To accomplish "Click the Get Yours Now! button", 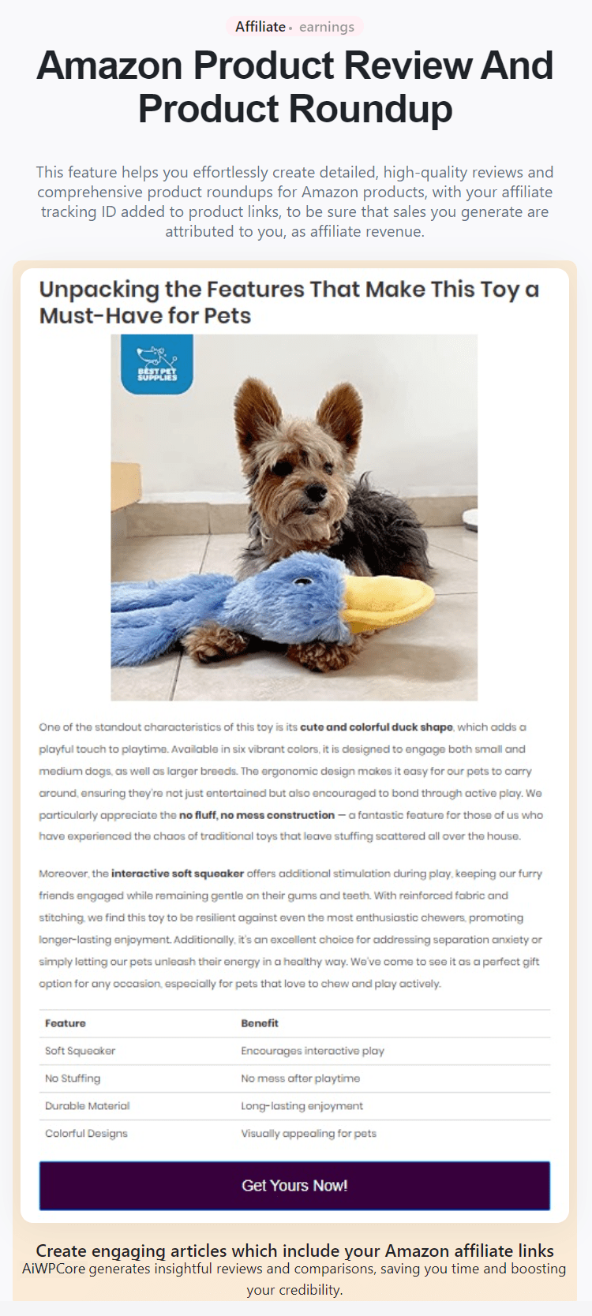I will (294, 1185).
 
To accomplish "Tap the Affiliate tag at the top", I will (260, 27).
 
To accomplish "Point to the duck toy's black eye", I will (303, 583).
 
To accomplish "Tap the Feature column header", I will (66, 1023).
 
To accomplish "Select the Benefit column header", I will (260, 1023).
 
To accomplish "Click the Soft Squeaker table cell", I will (80, 1051).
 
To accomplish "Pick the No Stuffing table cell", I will (73, 1079).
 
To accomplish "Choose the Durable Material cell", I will (87, 1106).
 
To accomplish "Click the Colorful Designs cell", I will (86, 1134).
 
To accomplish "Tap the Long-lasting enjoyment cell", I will (302, 1106).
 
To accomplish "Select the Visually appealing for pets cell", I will (309, 1134).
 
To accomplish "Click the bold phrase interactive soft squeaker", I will (178, 873).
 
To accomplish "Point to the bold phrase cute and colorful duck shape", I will (377, 727).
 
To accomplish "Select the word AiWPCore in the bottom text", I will (53, 1269).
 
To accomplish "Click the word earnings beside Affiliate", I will (327, 27).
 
